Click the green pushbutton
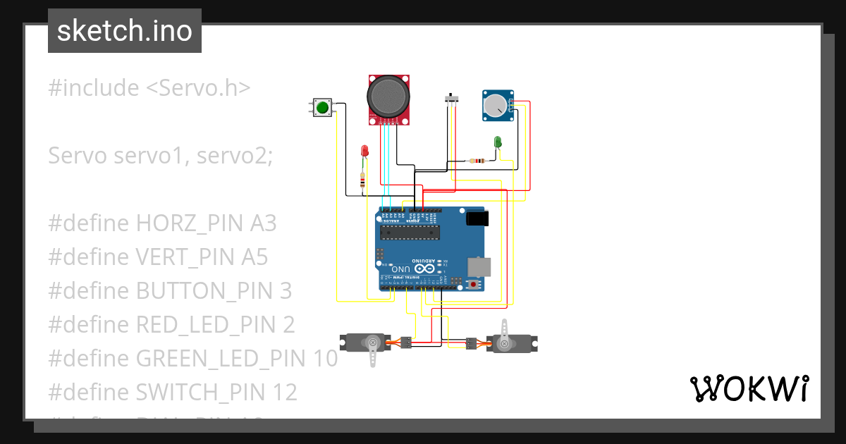coord(322,107)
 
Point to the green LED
coord(498,142)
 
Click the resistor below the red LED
coord(362,182)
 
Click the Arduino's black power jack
coord(477,219)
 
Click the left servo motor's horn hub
coord(372,343)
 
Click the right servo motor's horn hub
coord(504,343)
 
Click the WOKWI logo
coord(748,388)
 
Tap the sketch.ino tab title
coord(125,31)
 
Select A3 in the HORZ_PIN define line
coord(263,223)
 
